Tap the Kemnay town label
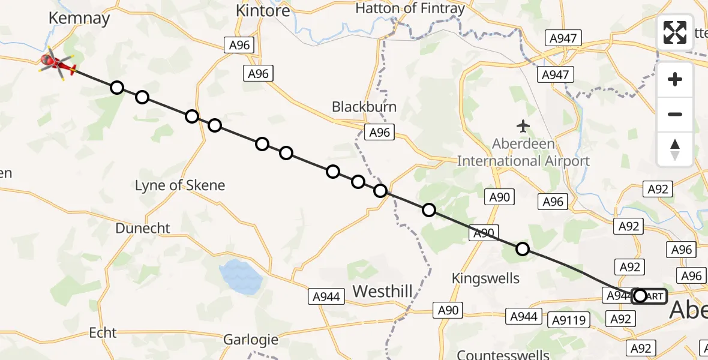coord(80,18)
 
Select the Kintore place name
coord(263,11)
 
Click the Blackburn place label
coord(364,107)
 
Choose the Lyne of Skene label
coord(180,185)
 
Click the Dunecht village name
coord(143,229)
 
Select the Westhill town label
coord(382,292)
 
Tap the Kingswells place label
coord(485,278)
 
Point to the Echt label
coord(103,332)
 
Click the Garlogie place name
coord(251,340)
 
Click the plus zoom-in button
coord(675,80)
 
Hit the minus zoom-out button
coord(675,114)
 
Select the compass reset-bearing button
coord(675,149)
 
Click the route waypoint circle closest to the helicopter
coord(117,88)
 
